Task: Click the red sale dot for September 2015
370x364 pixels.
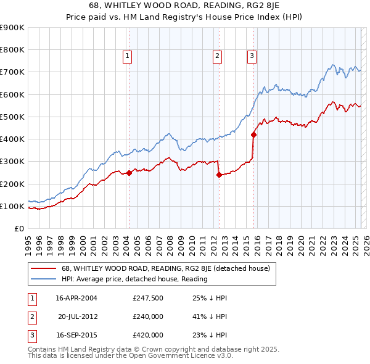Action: click(x=253, y=134)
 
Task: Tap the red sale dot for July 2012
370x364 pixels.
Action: click(x=219, y=175)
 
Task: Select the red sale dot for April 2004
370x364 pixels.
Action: click(x=129, y=173)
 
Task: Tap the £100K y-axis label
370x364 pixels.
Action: click(x=12, y=206)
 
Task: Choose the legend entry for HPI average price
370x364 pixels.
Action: click(x=134, y=279)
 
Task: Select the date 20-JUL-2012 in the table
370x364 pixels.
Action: click(x=77, y=316)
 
